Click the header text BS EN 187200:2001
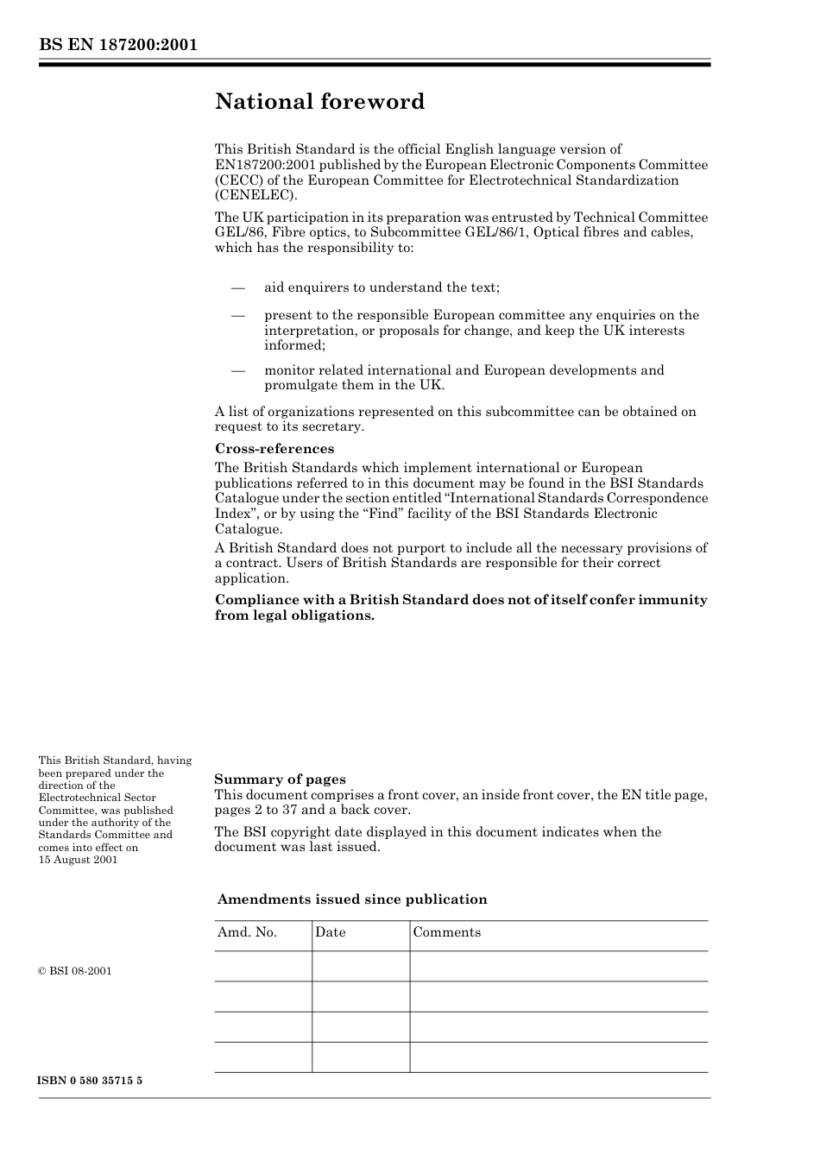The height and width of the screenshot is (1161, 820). tap(118, 44)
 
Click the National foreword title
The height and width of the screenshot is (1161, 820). tap(319, 102)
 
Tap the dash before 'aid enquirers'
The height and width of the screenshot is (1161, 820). tap(237, 287)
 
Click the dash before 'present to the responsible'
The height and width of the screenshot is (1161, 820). tap(237, 315)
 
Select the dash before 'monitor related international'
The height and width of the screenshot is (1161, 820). tap(237, 370)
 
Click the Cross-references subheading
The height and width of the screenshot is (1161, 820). tap(274, 449)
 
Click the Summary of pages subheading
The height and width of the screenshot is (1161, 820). tap(280, 779)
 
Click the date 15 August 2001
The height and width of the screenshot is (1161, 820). tap(78, 860)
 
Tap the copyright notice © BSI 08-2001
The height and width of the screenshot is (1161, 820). tap(75, 971)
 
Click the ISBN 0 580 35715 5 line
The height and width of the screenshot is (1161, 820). tap(91, 1081)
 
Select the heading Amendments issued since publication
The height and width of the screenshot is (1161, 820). tap(352, 899)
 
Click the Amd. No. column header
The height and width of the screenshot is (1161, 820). tap(247, 932)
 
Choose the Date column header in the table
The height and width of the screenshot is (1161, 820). tap(331, 932)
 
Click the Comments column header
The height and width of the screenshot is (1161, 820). tap(447, 932)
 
